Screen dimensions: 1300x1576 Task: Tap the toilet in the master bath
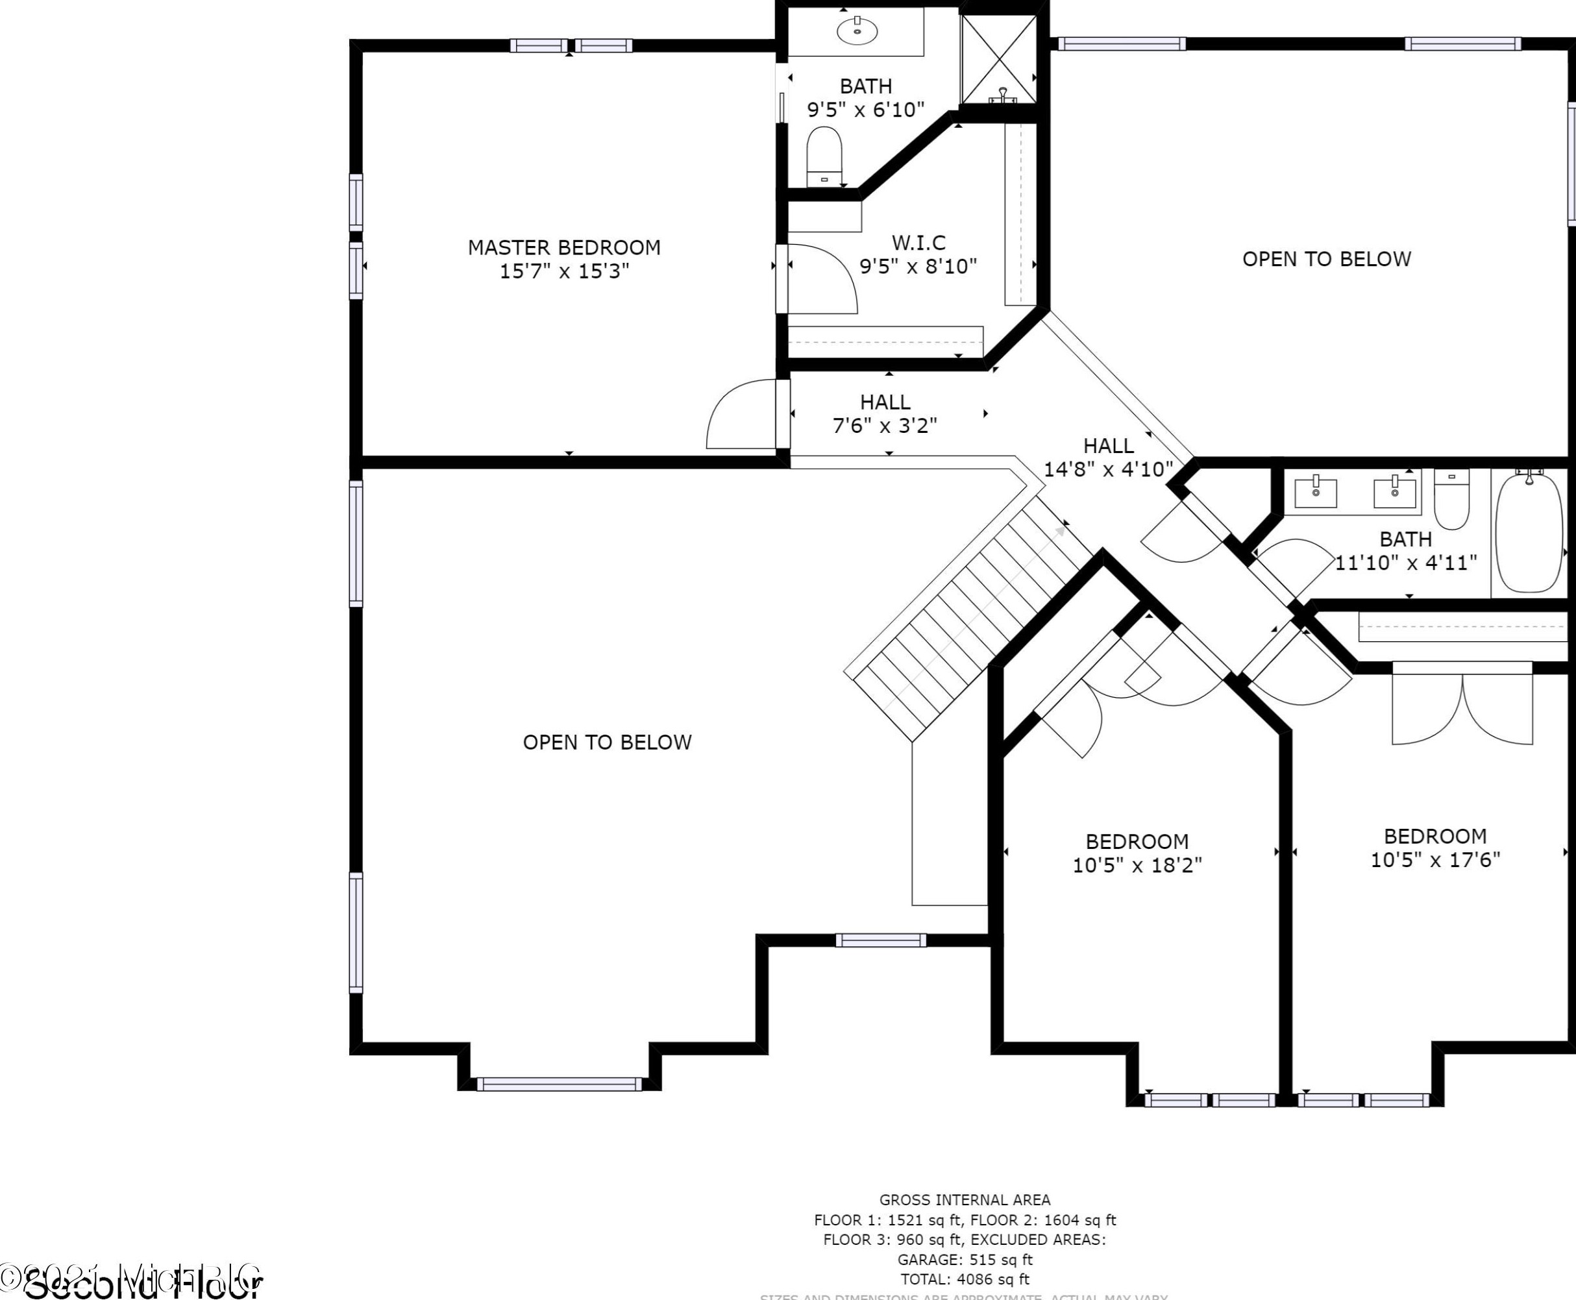tap(824, 156)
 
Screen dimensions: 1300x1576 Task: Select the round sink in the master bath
tap(857, 31)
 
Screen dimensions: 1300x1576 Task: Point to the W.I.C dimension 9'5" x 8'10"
tap(918, 267)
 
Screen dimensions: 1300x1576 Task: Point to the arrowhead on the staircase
tap(1060, 531)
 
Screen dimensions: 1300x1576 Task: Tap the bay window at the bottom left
tap(560, 1084)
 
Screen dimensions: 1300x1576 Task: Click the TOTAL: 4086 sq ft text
tap(965, 1279)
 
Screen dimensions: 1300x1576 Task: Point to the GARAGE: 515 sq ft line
tap(965, 1260)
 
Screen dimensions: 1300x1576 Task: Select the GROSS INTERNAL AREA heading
tap(965, 1199)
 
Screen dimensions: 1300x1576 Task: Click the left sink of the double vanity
tap(1315, 493)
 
